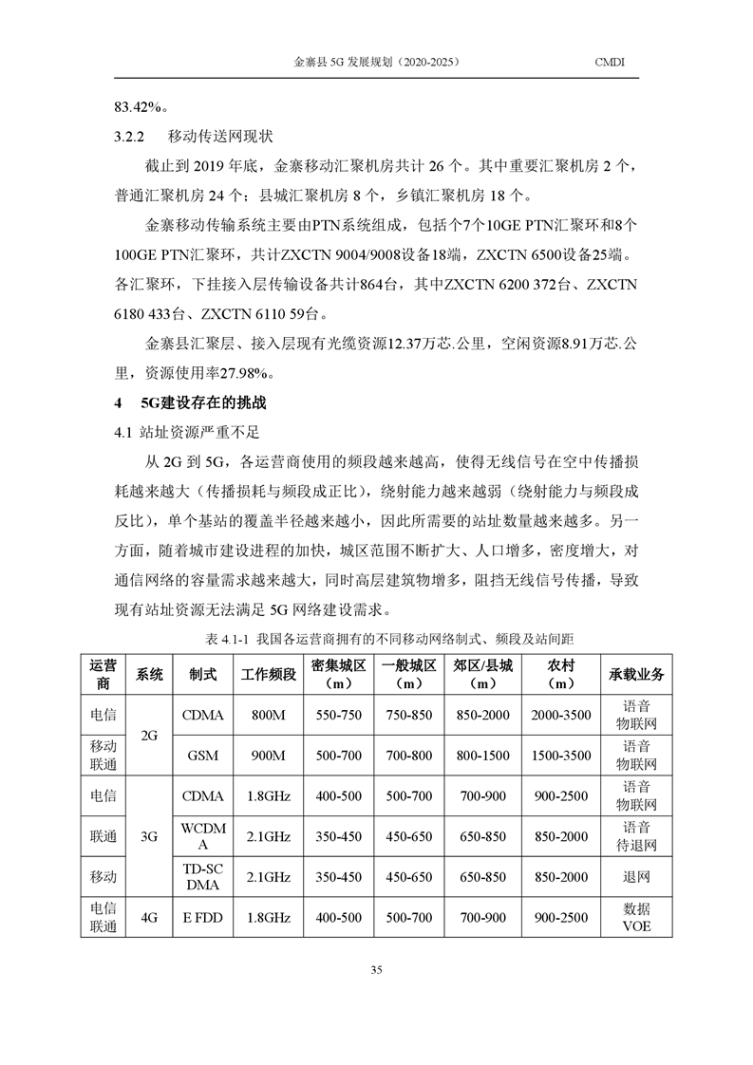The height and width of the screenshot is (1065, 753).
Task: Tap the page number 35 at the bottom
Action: (376, 969)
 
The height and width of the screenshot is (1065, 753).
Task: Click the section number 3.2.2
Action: (128, 137)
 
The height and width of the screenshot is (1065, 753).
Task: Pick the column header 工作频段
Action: (270, 674)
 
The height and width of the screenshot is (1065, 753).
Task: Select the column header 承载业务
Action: (635, 674)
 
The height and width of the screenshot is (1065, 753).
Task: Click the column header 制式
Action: (202, 674)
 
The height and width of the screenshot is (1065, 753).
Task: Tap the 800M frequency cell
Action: (270, 715)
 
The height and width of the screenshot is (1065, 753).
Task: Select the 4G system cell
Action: (149, 918)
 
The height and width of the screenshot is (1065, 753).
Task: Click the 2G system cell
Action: (149, 735)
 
